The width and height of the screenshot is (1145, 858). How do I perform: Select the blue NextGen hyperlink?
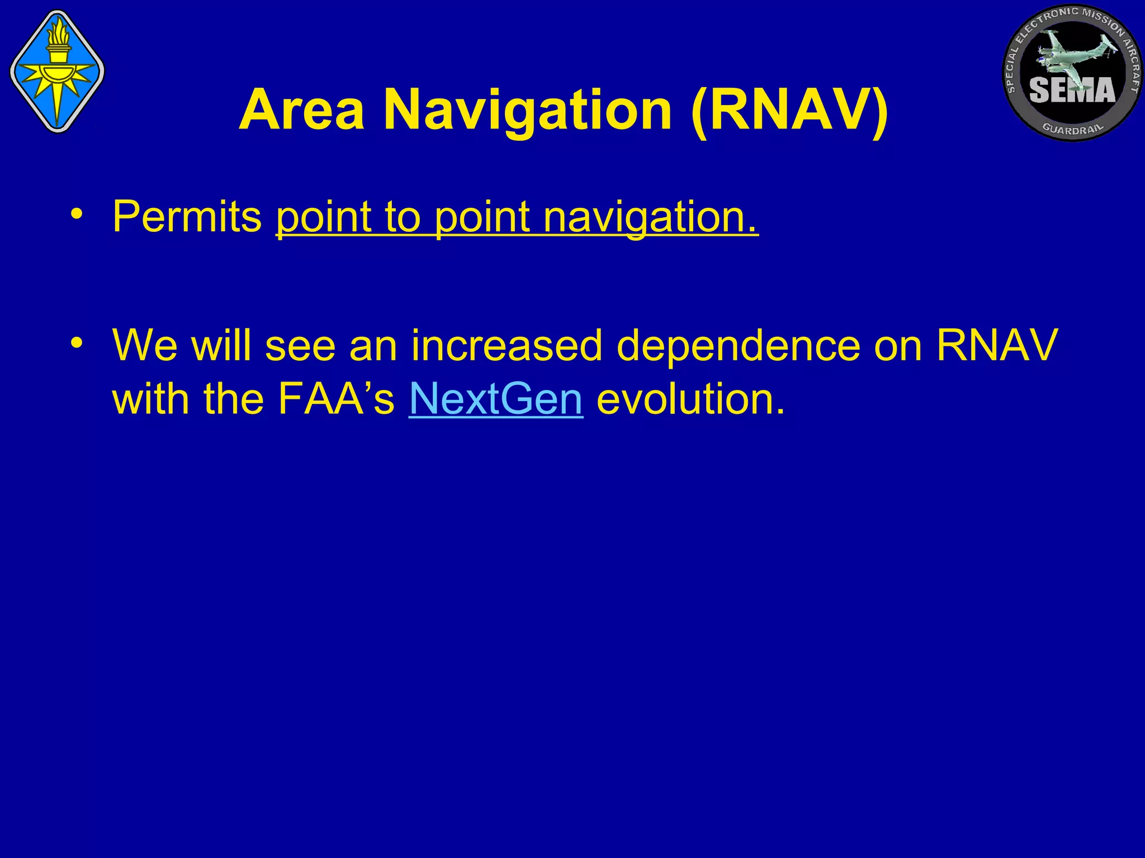[496, 399]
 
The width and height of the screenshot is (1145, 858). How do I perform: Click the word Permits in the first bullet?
[187, 216]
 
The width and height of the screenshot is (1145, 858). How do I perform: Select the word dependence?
[738, 345]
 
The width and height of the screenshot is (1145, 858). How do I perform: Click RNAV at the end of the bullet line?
[997, 345]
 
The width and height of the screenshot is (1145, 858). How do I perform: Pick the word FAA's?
[336, 399]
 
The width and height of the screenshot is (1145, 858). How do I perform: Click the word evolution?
[690, 399]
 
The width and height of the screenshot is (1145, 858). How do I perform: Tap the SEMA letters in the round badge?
[1072, 89]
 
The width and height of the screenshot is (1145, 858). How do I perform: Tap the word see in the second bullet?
[300, 345]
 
